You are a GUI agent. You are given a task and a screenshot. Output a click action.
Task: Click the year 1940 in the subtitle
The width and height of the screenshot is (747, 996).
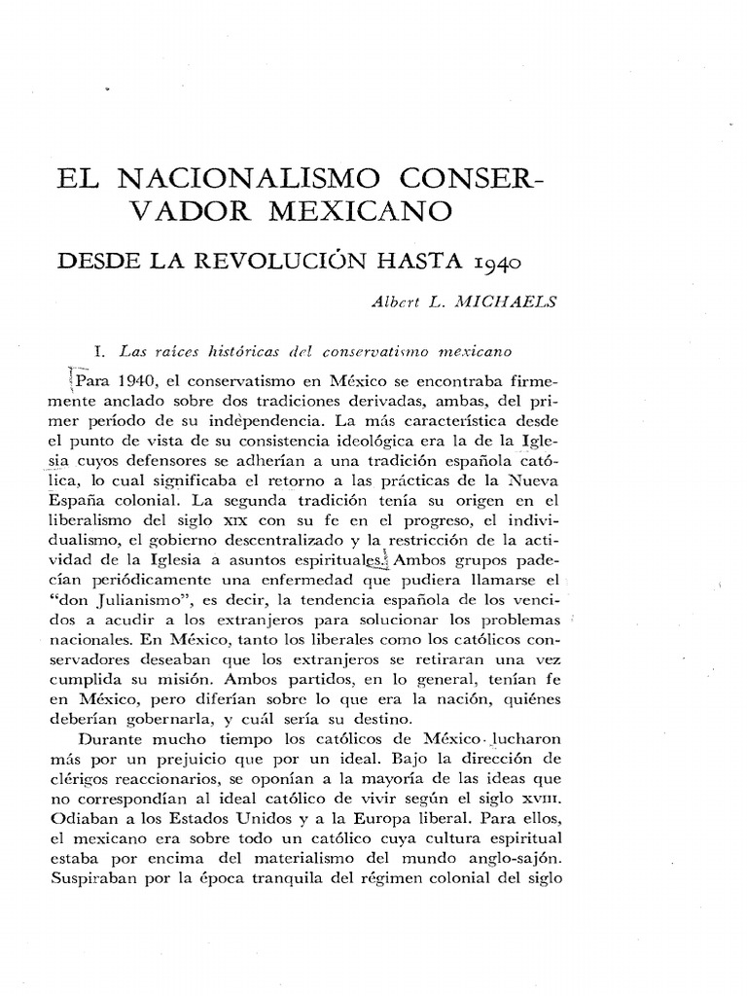coord(497,262)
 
